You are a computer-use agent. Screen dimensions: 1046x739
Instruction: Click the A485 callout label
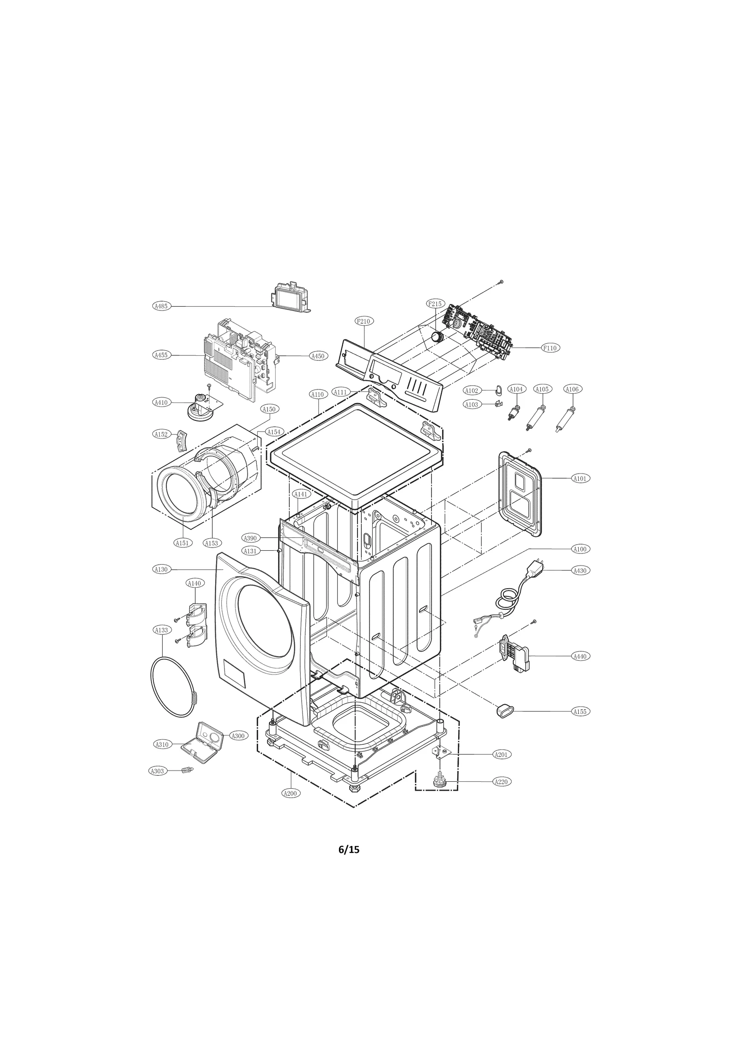click(x=161, y=305)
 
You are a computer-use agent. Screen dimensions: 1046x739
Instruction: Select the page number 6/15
click(x=349, y=849)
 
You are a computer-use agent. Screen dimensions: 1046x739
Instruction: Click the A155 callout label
click(x=580, y=712)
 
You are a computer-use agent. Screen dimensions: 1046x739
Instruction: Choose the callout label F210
click(x=364, y=321)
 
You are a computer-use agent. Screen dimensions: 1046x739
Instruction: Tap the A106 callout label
click(x=572, y=389)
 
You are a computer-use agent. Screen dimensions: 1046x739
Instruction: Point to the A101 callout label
click(x=580, y=478)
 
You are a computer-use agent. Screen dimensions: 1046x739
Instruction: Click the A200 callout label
click(x=291, y=793)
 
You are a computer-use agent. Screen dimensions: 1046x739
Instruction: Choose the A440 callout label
click(x=580, y=656)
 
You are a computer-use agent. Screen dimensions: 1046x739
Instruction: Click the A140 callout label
click(x=194, y=583)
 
